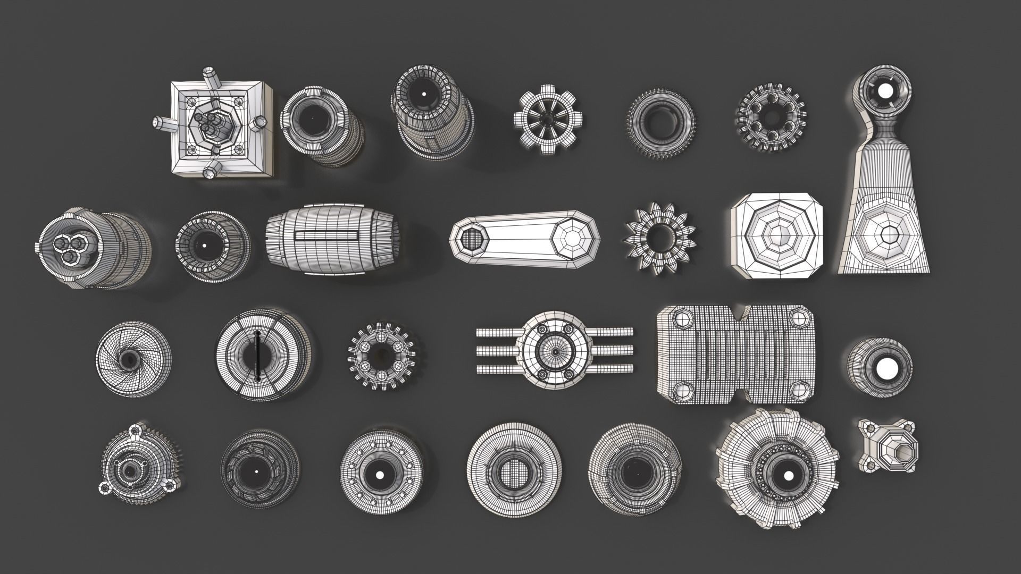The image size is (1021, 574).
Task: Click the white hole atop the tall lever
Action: [x=885, y=91]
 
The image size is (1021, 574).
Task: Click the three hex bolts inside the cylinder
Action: [x=71, y=250]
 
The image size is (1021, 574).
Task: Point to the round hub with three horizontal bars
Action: [x=555, y=349]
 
